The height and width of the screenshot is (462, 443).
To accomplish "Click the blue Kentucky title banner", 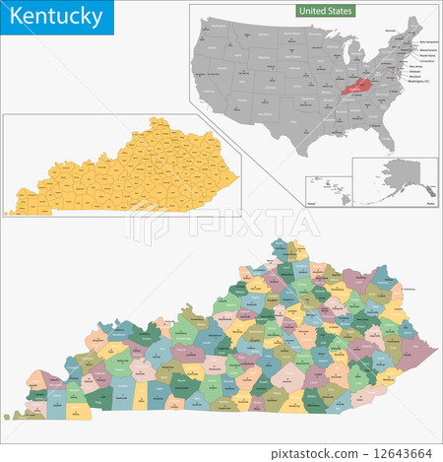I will pyautogui.click(x=56, y=18).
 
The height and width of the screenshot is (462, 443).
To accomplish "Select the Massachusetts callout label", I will pyautogui.click(x=418, y=49).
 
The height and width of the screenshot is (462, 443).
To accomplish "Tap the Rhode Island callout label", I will pyautogui.click(x=417, y=55).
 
